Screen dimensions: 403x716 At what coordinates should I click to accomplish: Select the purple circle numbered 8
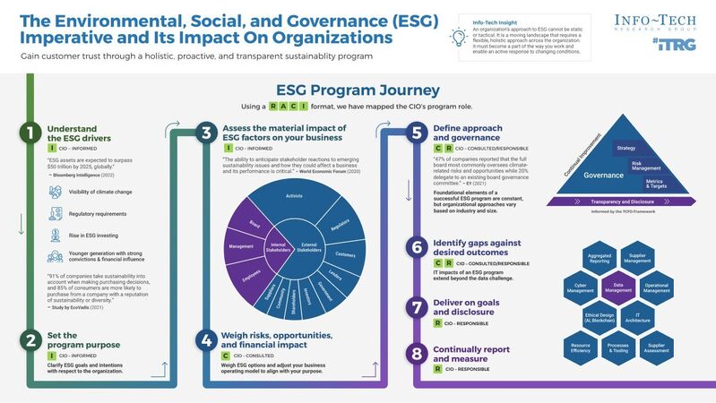pos(415,354)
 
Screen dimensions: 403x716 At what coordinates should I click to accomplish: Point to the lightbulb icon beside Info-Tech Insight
pos(460,37)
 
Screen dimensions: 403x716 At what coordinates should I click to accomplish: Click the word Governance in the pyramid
pos(602,176)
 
